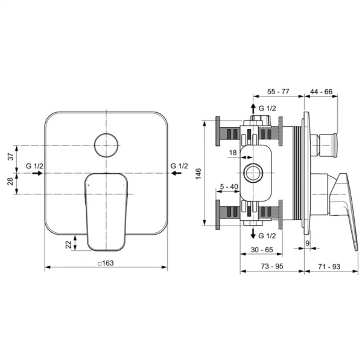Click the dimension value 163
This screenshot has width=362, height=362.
pos(106,262)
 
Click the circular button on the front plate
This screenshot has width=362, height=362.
pos(106,144)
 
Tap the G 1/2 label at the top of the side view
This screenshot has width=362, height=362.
pos(267,107)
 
